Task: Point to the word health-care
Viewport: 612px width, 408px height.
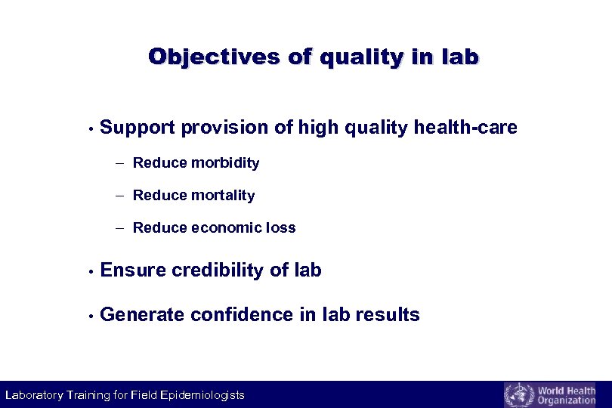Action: pos(465,128)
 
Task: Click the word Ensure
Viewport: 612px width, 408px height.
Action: pos(133,270)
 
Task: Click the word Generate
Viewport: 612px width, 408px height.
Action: pos(142,315)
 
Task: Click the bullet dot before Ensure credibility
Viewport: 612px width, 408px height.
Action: pos(90,271)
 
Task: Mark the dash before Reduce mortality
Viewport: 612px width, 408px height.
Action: pos(121,196)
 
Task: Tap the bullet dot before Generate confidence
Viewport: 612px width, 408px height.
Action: pos(90,316)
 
